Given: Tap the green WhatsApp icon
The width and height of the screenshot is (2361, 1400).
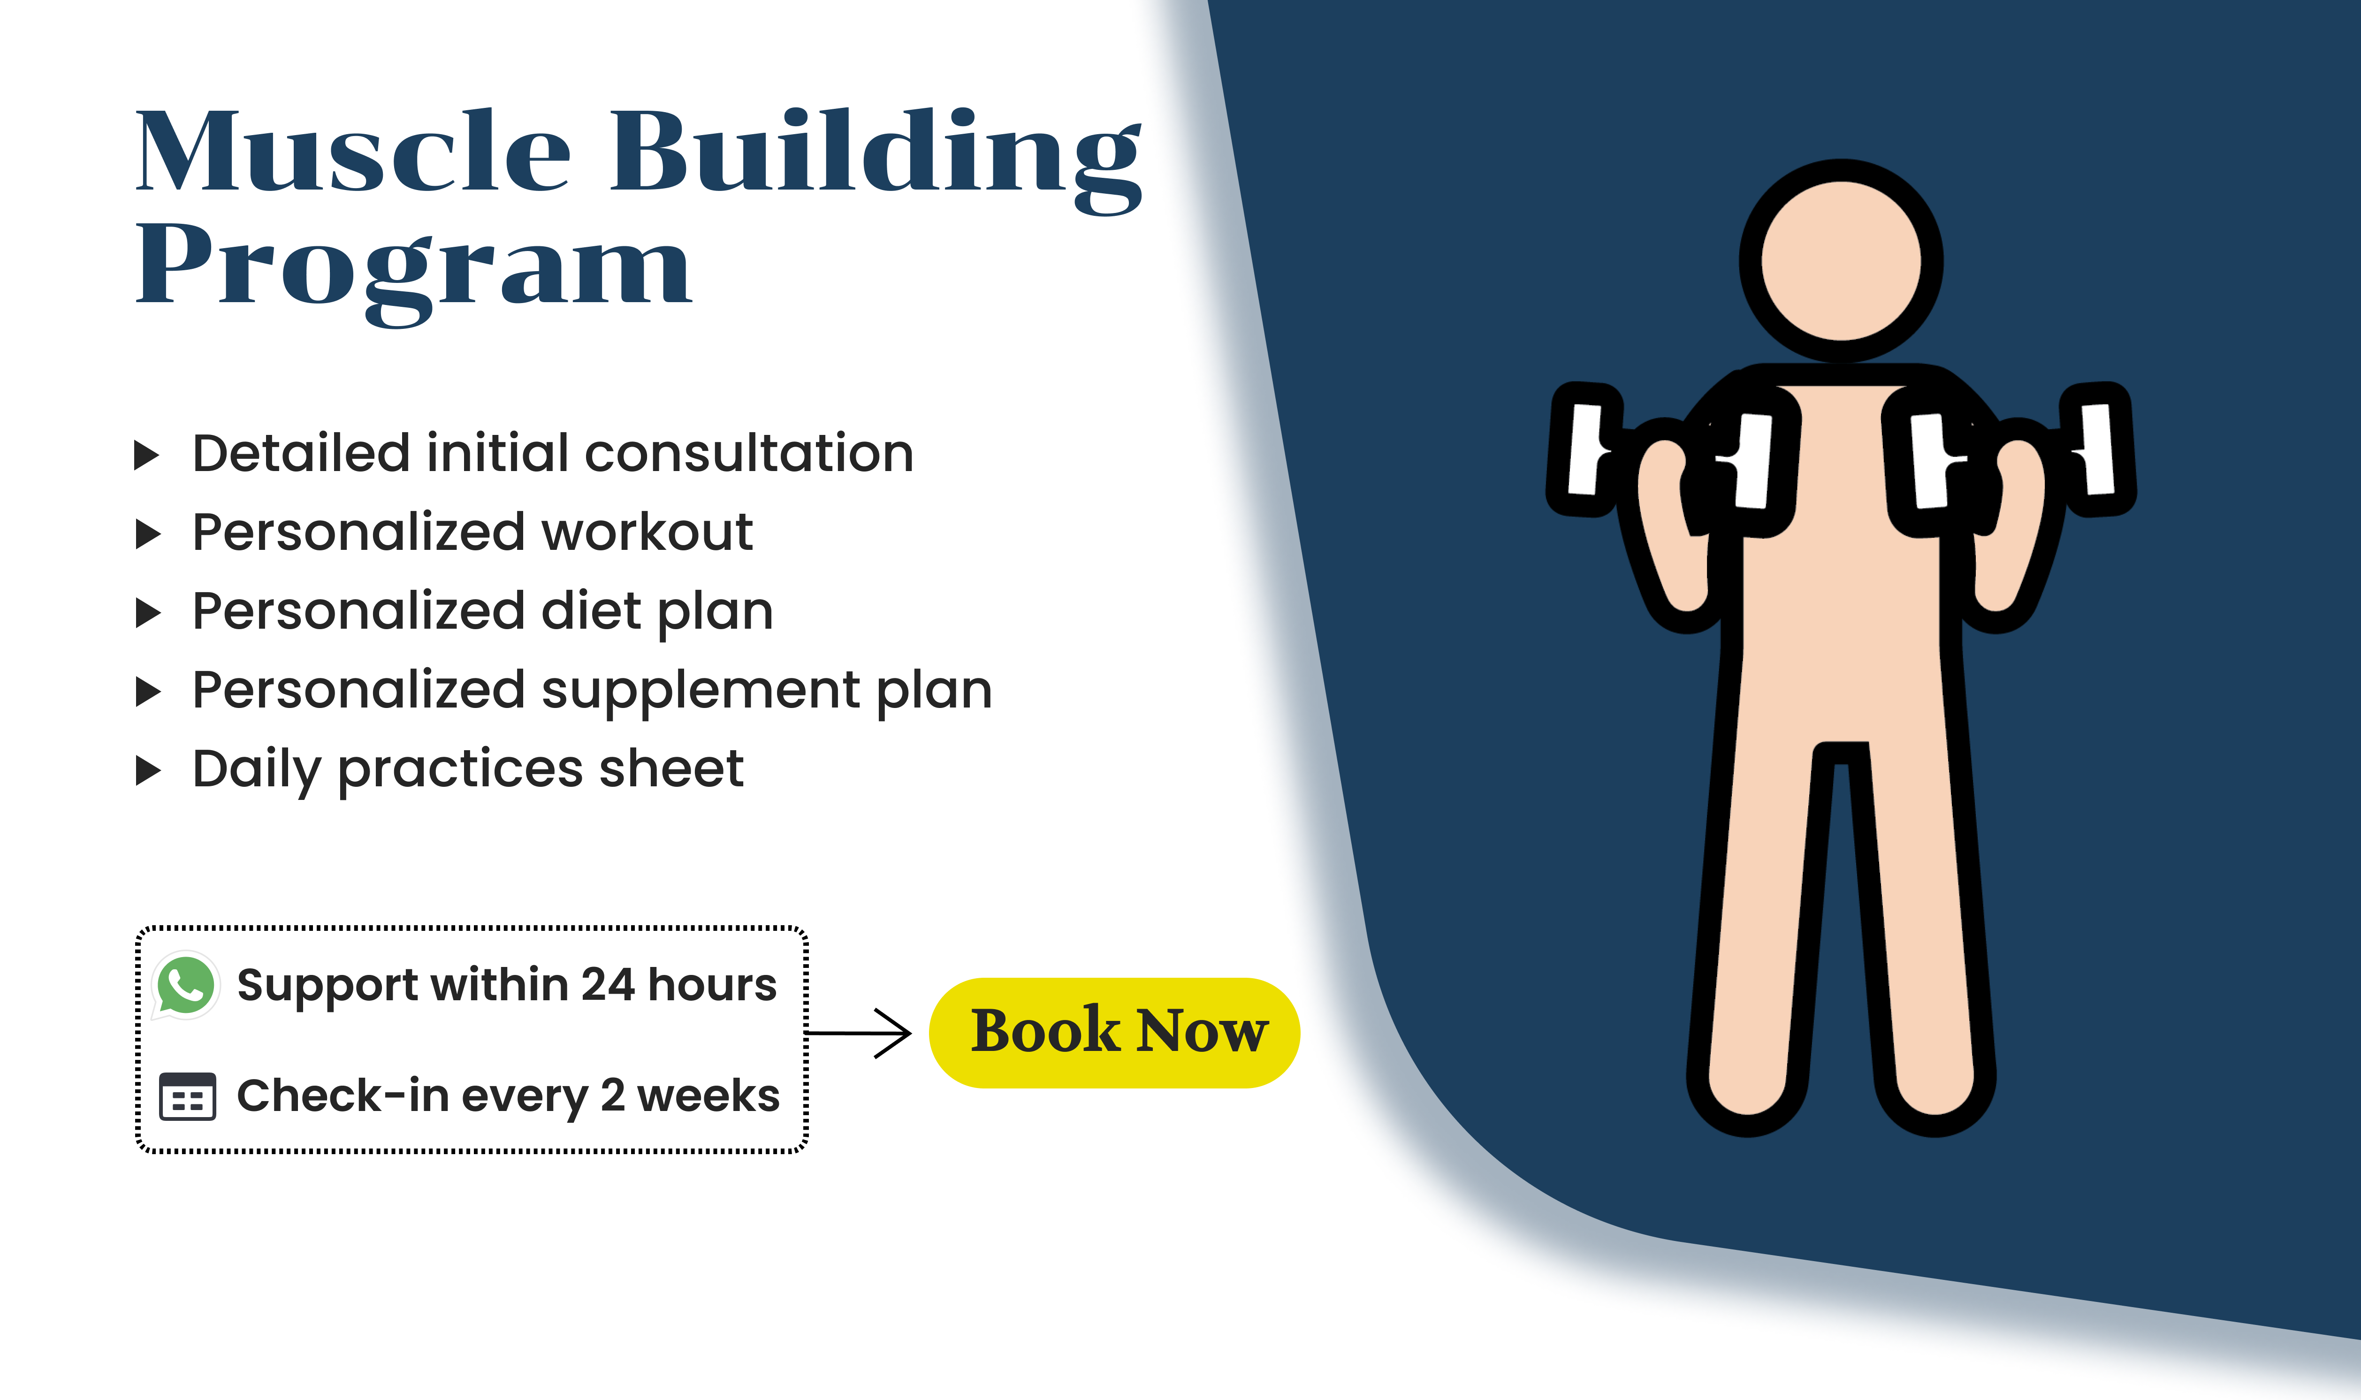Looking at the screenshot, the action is (186, 985).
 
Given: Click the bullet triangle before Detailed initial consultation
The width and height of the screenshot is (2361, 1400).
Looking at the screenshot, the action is (147, 455).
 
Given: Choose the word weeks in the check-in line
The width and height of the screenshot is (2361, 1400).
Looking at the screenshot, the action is (708, 1096).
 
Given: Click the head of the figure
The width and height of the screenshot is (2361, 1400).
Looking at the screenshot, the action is (1841, 260).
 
